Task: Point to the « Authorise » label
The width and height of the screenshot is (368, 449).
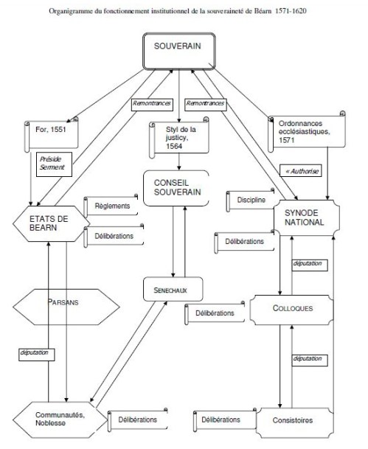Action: [x=302, y=171]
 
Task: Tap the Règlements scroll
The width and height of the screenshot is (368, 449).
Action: [x=112, y=207]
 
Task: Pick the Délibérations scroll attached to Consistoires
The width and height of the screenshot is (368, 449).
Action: [x=225, y=420]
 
